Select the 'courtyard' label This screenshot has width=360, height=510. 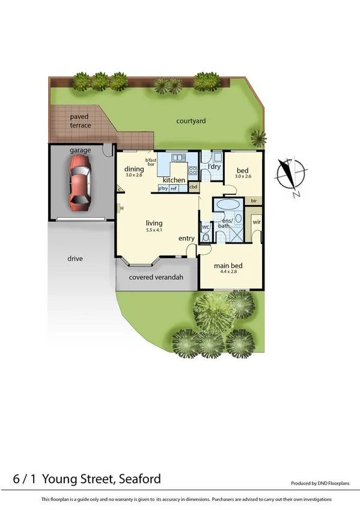click(191, 121)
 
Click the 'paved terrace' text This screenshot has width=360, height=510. click(80, 121)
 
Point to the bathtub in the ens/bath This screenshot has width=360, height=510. click(228, 205)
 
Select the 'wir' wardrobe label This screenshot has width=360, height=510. click(256, 222)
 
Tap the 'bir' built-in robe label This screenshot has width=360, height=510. click(254, 200)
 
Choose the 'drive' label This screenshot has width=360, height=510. click(75, 259)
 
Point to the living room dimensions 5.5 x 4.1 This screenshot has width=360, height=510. click(154, 230)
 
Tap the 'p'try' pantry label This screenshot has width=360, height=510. click(163, 188)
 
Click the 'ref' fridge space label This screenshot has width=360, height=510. click(174, 188)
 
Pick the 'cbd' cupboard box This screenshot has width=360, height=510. click(194, 186)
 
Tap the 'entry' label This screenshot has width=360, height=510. click(186, 239)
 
